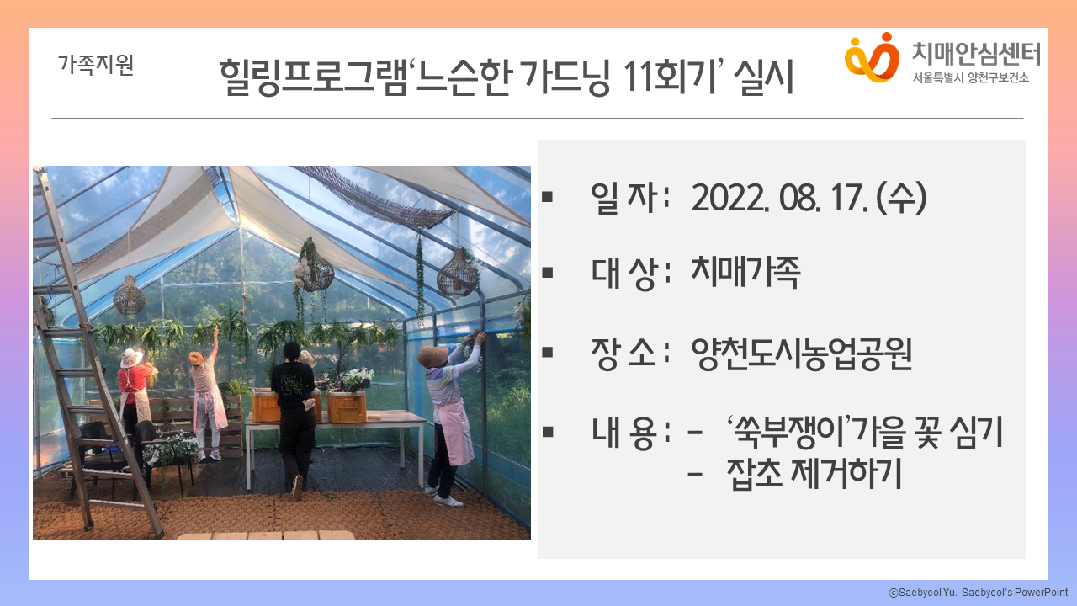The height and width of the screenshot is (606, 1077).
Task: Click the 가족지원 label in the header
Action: click(96, 65)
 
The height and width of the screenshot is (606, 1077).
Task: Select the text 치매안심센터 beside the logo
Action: click(976, 53)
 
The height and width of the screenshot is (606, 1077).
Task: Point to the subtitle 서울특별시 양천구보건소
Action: click(970, 77)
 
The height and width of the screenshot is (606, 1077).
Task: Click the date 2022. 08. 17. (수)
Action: click(809, 198)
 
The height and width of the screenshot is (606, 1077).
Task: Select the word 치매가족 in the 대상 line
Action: click(745, 272)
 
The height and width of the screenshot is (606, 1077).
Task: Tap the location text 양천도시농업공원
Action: click(801, 353)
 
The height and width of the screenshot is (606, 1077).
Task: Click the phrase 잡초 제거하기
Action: click(814, 473)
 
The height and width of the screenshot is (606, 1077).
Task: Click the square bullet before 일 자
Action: click(547, 197)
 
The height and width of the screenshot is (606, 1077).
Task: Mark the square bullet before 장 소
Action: click(547, 353)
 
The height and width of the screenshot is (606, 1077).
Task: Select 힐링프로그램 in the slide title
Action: click(313, 77)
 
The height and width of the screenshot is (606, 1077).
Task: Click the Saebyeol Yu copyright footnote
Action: click(979, 593)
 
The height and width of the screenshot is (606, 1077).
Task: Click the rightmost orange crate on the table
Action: click(346, 407)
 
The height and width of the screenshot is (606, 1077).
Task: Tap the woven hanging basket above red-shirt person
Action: click(129, 295)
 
